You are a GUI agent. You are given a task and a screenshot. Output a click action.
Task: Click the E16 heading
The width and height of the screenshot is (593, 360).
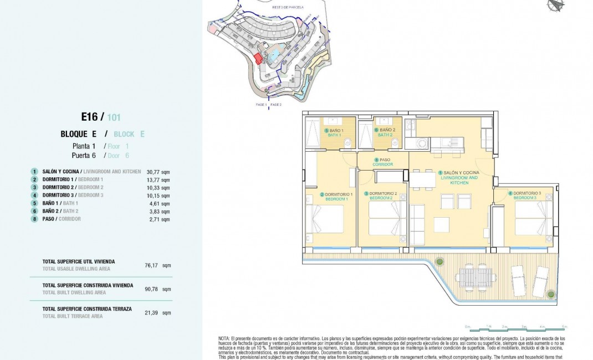click(x=89, y=117)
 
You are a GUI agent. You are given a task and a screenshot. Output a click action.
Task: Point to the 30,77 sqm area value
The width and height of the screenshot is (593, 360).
click(x=158, y=172)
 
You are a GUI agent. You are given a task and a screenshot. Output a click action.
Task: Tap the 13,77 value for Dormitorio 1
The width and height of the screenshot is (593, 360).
click(x=158, y=179)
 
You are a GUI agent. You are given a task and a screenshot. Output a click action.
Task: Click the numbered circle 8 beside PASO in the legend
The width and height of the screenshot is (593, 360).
click(x=34, y=219)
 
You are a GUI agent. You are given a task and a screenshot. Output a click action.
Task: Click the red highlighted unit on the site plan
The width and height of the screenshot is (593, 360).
click(x=258, y=58)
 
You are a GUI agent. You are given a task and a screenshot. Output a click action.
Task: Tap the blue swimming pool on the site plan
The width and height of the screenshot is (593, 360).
click(x=274, y=54)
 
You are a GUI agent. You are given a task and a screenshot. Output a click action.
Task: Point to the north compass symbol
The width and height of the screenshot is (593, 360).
click(x=555, y=5)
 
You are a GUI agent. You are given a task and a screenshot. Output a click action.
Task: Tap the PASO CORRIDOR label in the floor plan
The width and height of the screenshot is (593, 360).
click(x=382, y=162)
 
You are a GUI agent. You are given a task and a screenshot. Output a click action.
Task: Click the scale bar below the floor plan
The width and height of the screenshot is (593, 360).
click(x=515, y=328)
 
